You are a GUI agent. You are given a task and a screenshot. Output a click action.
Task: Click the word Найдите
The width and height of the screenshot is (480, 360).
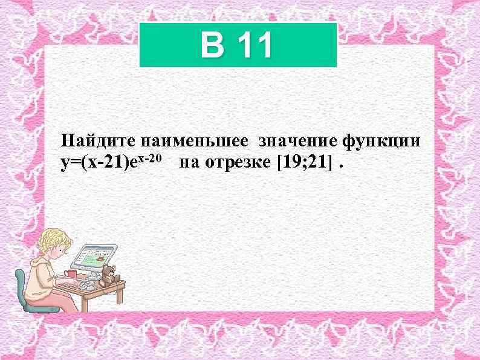(99, 142)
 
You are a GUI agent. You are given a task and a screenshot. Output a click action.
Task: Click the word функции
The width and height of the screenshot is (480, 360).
(381, 142)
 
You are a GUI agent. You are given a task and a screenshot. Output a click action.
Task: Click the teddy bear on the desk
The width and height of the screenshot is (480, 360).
(109, 275)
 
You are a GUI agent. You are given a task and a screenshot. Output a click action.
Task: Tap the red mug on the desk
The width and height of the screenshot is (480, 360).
(71, 274)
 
